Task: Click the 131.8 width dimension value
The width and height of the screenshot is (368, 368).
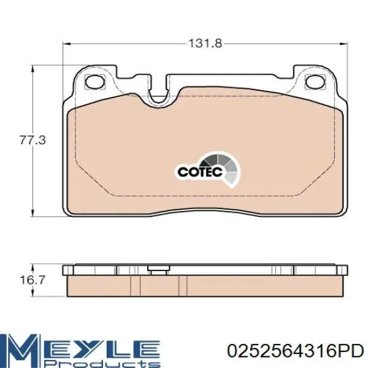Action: click(x=205, y=44)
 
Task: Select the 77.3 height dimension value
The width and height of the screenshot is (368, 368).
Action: click(x=33, y=140)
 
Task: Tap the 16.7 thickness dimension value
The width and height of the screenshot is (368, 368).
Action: click(x=32, y=280)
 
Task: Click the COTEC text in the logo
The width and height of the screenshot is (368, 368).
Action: click(x=200, y=172)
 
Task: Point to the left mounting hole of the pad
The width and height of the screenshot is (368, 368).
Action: click(x=95, y=82)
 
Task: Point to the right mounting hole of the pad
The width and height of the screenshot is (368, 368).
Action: click(x=315, y=82)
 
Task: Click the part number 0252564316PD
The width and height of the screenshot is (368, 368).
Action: click(x=296, y=351)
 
